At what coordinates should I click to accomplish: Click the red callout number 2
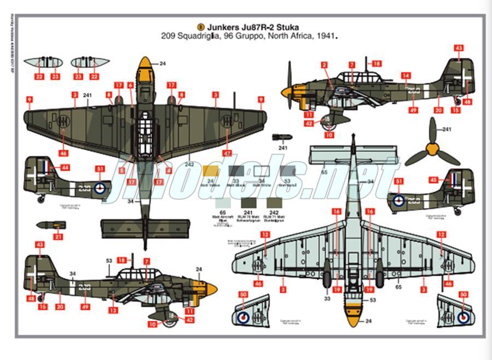click(x=324, y=65)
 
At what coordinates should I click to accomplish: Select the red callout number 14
click(x=406, y=75)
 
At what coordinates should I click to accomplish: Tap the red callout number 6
click(x=131, y=85)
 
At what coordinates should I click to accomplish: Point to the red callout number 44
click(x=65, y=168)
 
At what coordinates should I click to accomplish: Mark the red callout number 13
click(x=113, y=310)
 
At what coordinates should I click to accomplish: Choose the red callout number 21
click(x=58, y=237)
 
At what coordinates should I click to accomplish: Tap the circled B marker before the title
click(x=200, y=26)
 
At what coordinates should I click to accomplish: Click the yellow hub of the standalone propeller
click(x=434, y=147)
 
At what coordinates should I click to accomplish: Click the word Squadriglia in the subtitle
click(x=204, y=37)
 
